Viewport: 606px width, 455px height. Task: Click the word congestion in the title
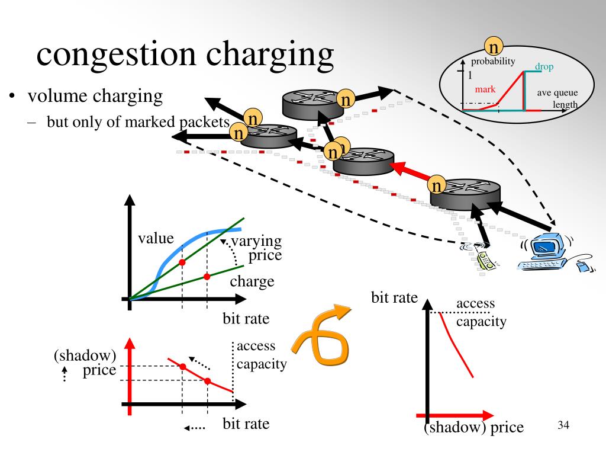(116, 55)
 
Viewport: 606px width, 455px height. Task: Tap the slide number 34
(563, 425)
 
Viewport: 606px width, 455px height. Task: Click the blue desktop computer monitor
(545, 246)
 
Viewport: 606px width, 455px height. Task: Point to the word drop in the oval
(544, 66)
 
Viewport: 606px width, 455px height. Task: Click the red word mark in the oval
(485, 89)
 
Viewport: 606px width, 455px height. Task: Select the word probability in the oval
(493, 62)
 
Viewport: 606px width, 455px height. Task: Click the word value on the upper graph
(156, 238)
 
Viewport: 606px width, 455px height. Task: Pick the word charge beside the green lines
(252, 281)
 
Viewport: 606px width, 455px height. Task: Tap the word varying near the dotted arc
(256, 242)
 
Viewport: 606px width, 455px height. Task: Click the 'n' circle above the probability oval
(494, 46)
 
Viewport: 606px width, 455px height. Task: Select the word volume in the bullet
(58, 97)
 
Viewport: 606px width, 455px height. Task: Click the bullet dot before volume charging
(12, 96)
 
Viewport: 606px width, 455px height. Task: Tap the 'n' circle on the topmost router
(346, 100)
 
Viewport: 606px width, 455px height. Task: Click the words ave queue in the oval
(557, 93)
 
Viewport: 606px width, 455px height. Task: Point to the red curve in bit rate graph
(455, 344)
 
